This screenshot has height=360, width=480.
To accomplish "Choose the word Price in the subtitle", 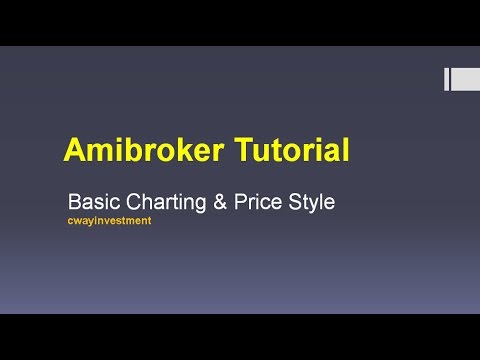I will pos(263,201).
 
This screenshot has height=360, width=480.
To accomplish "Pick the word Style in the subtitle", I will pos(314,202).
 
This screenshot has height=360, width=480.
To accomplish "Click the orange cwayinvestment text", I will pos(109,220).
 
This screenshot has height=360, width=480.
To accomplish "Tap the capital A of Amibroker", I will pos(74,151).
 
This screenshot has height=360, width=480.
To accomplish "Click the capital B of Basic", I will pos(72,201).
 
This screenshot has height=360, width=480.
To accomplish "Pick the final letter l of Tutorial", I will pos(346,151).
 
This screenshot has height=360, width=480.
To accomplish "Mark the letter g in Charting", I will pos(203,204).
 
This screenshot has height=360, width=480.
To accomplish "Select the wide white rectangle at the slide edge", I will pos(464,79).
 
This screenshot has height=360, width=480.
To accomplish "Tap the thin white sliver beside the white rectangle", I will pos(447,79).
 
